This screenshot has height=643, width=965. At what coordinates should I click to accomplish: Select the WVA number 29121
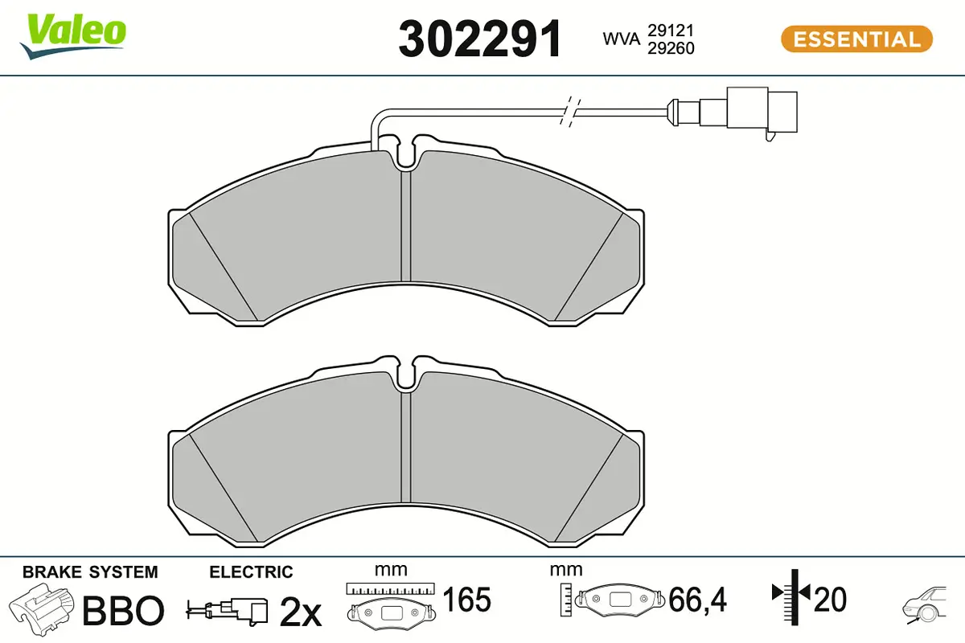(x=671, y=30)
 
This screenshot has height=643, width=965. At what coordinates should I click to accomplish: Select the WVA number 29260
(x=671, y=48)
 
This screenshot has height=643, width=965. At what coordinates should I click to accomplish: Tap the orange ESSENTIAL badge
(x=856, y=39)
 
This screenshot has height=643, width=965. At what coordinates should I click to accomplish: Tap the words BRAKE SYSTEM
(x=90, y=572)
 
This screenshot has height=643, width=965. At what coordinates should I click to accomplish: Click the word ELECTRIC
(x=251, y=572)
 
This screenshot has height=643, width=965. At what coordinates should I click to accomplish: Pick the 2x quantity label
(x=300, y=613)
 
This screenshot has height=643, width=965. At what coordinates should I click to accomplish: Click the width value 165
(x=467, y=600)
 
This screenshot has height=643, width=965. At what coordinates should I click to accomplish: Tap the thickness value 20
(x=831, y=599)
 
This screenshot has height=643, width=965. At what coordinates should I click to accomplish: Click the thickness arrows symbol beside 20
(x=794, y=595)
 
